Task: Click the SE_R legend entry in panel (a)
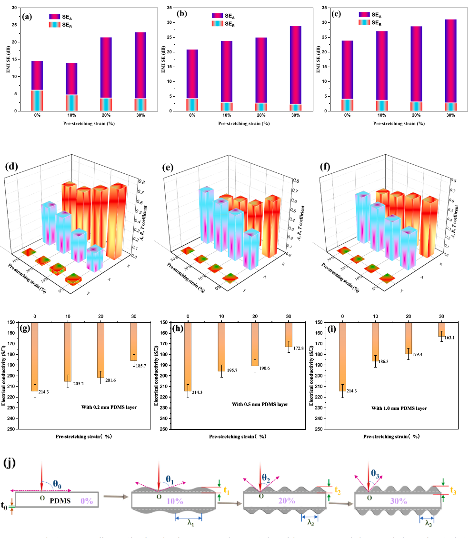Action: click(x=66, y=23)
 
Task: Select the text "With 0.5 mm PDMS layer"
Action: click(x=260, y=405)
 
